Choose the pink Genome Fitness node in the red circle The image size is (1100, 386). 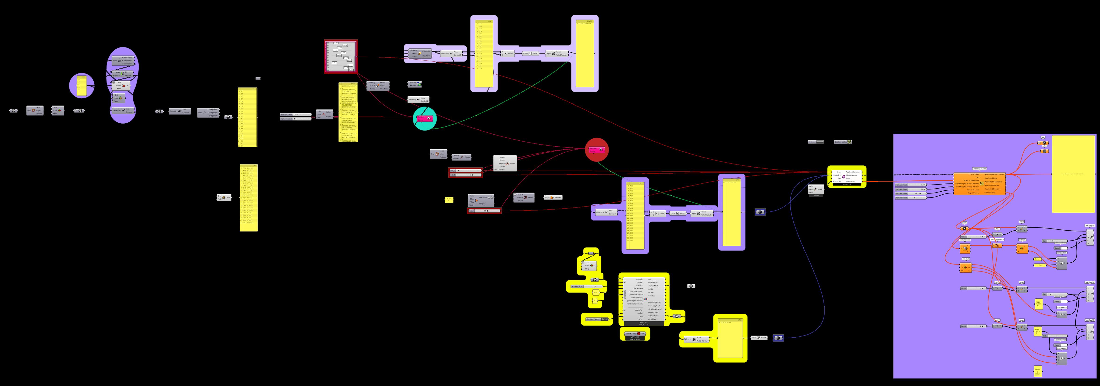click(x=596, y=150)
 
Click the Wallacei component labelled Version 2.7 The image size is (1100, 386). click(x=847, y=176)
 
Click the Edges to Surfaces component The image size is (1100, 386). click(x=553, y=197)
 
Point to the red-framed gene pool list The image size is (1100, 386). click(x=341, y=57)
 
